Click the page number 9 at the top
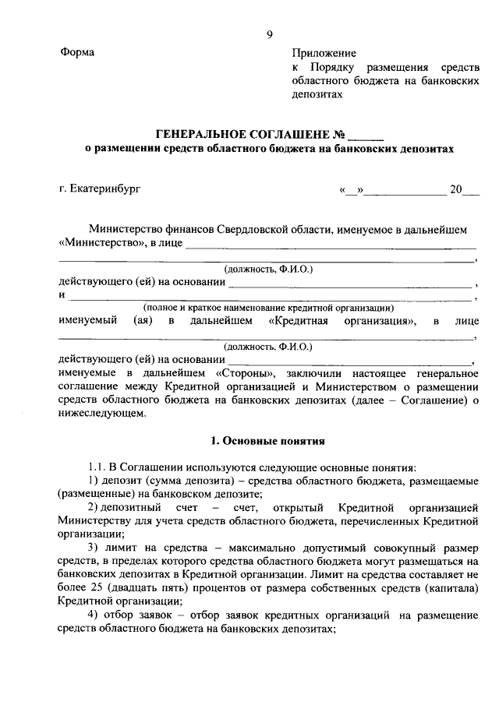[x=269, y=34]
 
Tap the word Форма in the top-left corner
[x=76, y=53]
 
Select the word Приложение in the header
[x=324, y=53]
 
